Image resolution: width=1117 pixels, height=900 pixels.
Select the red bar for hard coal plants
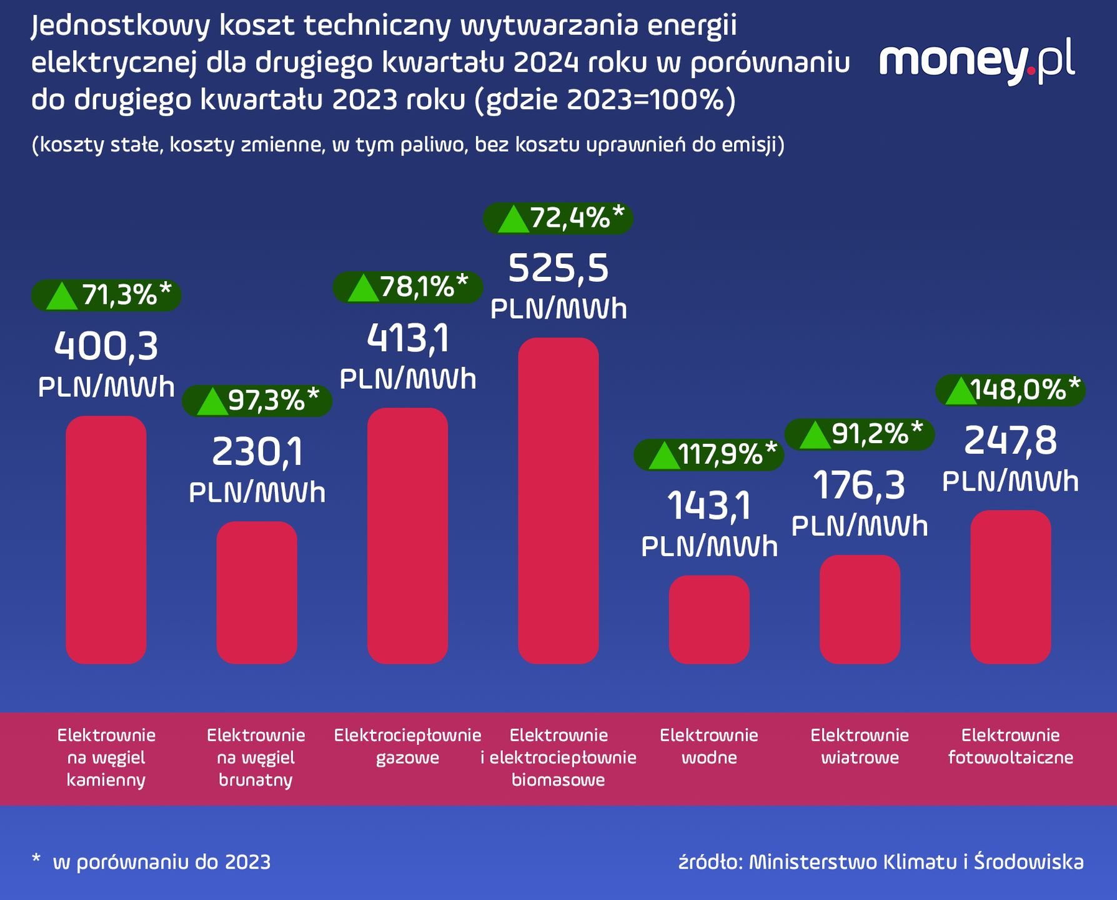[x=106, y=539]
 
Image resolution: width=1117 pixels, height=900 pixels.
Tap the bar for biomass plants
[x=558, y=501]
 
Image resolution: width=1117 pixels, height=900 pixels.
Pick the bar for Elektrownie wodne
[x=709, y=619]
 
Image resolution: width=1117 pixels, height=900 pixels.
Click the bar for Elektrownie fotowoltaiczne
[x=1010, y=587]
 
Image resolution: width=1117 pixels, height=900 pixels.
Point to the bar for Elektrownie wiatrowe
[x=860, y=609]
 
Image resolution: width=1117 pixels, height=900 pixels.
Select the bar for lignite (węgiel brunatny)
[x=257, y=592]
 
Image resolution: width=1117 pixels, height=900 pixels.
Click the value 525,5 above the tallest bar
[x=558, y=269]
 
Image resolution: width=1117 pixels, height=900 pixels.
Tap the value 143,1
[x=709, y=506]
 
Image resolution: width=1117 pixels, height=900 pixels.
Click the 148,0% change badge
[x=1010, y=391]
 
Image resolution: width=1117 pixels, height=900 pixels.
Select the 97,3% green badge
[x=257, y=401]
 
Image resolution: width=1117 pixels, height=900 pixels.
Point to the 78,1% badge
[x=408, y=287]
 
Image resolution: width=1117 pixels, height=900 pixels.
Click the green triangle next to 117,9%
[x=663, y=456]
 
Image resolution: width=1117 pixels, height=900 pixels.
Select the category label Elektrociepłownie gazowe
[x=408, y=746]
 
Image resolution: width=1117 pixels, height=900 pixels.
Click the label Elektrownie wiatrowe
[x=860, y=746]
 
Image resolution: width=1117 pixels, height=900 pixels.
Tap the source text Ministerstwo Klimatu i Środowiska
[x=916, y=862]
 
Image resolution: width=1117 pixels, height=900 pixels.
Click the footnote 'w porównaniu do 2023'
[x=162, y=862]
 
